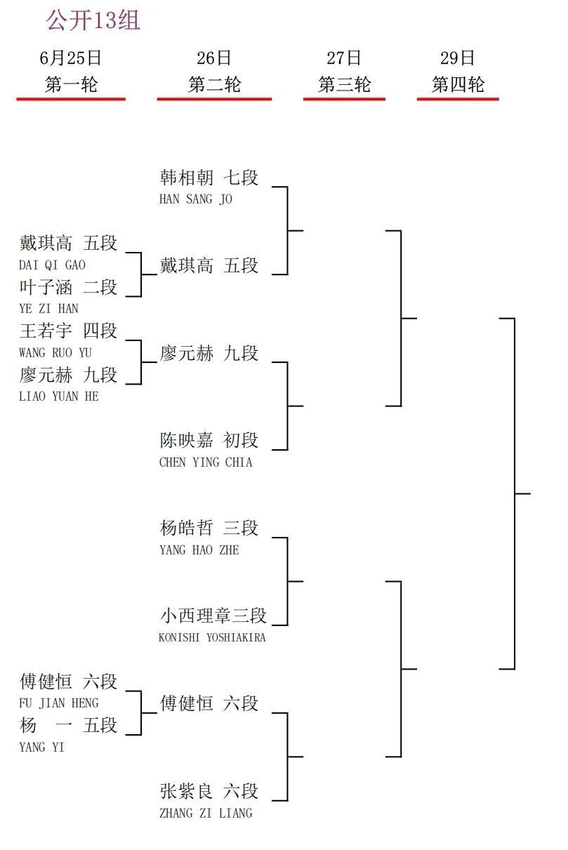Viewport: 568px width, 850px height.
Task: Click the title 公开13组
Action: click(93, 20)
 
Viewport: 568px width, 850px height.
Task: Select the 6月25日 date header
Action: click(71, 58)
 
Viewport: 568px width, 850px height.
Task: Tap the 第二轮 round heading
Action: click(215, 84)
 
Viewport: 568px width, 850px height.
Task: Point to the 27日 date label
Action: click(344, 58)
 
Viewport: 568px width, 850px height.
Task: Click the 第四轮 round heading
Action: click(458, 84)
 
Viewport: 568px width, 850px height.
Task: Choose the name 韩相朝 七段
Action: click(209, 178)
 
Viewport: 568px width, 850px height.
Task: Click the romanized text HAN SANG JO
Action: click(195, 199)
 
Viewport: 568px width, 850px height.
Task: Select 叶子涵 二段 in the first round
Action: click(68, 287)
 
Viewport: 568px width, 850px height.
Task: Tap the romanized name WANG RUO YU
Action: click(55, 353)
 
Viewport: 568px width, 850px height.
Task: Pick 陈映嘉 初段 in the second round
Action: click(209, 440)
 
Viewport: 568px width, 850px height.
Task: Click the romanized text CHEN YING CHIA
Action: click(206, 462)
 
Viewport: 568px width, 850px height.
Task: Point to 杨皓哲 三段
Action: click(209, 528)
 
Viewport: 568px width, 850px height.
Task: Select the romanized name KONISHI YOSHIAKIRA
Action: click(212, 637)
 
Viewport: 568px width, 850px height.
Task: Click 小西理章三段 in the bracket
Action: click(213, 616)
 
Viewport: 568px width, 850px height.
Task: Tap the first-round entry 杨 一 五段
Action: click(68, 725)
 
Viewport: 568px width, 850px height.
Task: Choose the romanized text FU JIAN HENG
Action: click(59, 703)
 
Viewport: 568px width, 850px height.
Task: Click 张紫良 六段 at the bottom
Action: click(209, 791)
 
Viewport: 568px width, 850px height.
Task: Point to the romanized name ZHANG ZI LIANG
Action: click(206, 814)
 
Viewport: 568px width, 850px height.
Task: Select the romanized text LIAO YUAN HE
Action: click(59, 397)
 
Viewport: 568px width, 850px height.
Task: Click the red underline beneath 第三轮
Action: click(344, 99)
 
